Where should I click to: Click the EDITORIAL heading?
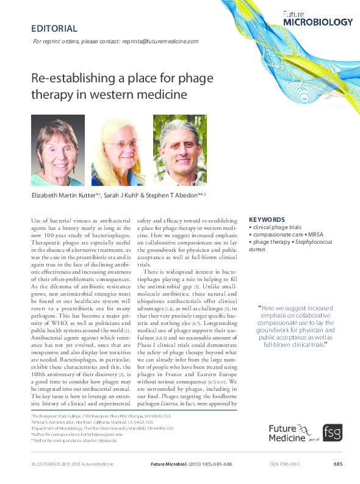coord(54,29)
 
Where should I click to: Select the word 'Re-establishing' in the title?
coord(63,79)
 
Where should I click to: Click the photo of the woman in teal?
coord(58,151)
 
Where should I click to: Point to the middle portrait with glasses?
coord(118,151)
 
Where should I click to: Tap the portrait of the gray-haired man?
coord(179,151)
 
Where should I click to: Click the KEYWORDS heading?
coord(267,219)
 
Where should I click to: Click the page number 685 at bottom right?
coord(338,465)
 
